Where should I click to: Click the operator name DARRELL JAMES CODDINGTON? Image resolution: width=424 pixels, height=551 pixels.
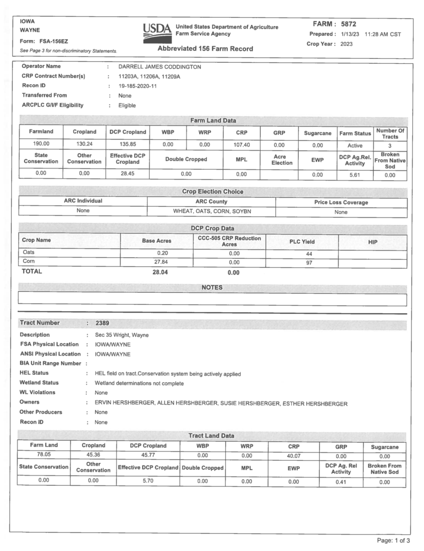(159, 67)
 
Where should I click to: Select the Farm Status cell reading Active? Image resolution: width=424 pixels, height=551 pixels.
(355, 145)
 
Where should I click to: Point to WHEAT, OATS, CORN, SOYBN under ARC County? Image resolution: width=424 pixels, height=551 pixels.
(211, 211)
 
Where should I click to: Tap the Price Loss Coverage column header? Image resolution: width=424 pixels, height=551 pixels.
(341, 202)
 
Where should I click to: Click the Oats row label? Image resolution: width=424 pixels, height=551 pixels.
(28, 253)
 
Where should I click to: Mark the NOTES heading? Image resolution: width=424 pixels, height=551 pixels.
(212, 288)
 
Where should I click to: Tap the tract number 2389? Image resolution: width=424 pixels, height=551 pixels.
(102, 323)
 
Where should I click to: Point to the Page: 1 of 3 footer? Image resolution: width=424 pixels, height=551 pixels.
(393, 540)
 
